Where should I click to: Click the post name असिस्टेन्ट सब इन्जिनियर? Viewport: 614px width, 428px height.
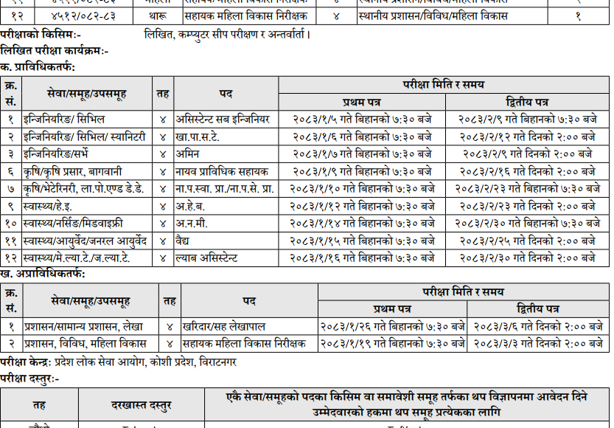point(223,119)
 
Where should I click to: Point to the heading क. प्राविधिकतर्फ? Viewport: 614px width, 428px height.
point(38,66)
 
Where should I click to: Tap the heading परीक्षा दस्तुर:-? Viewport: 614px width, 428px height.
point(30,378)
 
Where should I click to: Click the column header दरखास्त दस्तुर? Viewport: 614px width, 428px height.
point(142,404)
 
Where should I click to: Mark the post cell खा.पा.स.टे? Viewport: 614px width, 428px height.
point(197,137)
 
